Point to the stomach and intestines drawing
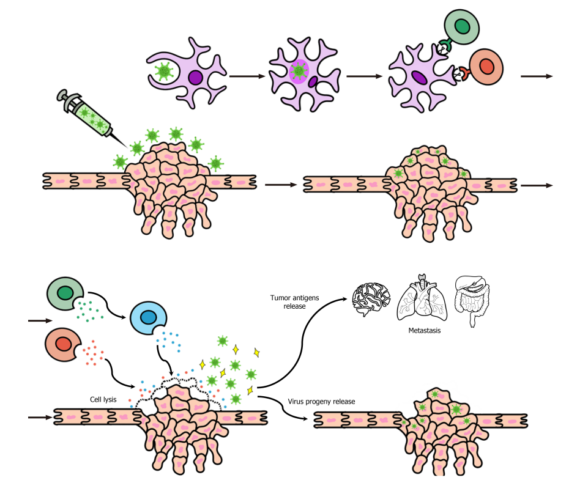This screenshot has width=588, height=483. pyautogui.click(x=473, y=300)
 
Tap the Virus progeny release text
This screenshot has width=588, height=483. pyautogui.click(x=322, y=402)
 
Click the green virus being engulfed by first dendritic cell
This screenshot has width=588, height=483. pyautogui.click(x=163, y=73)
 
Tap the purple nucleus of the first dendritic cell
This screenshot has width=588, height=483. pyautogui.click(x=196, y=78)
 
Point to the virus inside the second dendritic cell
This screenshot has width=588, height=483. pyautogui.click(x=298, y=72)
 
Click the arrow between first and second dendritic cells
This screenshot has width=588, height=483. pyautogui.click(x=247, y=77)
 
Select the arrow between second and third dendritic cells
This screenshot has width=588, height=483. pyautogui.click(x=365, y=77)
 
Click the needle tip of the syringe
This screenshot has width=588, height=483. pyautogui.click(x=129, y=146)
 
